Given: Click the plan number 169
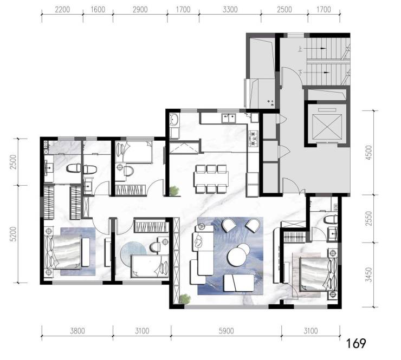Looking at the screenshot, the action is pos(356,344).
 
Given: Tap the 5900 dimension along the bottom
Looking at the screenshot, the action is pos(227,331).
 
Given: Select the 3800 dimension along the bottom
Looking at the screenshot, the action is pos(77,331).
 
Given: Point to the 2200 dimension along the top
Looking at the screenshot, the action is pos(62,9).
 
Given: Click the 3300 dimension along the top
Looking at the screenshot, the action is pos(230,9).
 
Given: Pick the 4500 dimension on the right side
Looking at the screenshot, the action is pos(368,153).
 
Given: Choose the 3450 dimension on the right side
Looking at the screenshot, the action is pos(368,274).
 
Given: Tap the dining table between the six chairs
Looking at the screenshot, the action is pos(211,179).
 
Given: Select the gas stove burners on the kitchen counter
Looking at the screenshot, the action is pos(254,139).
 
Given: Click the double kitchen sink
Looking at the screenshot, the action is pos(229,119).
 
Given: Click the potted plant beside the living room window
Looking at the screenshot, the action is pos(185,299).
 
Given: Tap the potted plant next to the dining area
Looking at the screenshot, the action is pos(174,191).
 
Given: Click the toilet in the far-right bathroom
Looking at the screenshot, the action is pos(331,219).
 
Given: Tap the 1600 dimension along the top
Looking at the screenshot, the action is pos(98,9).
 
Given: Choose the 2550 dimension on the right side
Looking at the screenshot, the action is pos(368,218).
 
